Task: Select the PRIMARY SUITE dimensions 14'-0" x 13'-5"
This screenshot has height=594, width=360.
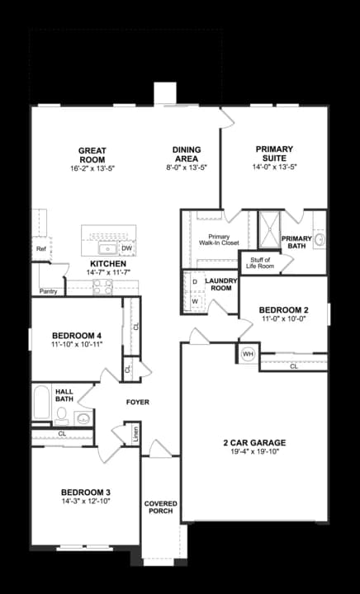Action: pyautogui.click(x=275, y=167)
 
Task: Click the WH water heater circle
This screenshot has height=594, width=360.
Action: pyautogui.click(x=248, y=354)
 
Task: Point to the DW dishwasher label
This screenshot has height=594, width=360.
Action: pyautogui.click(x=126, y=247)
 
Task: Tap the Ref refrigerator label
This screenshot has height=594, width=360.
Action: pyautogui.click(x=40, y=248)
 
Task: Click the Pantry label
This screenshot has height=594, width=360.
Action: pyautogui.click(x=48, y=290)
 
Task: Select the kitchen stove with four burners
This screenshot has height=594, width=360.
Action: pyautogui.click(x=103, y=287)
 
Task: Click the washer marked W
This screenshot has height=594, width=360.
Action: pyautogui.click(x=195, y=300)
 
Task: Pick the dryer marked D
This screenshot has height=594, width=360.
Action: pyautogui.click(x=195, y=282)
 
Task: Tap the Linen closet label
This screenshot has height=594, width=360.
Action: pyautogui.click(x=135, y=434)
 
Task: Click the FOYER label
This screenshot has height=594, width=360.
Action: pyautogui.click(x=137, y=402)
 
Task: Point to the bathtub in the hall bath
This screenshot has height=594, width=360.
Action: pyautogui.click(x=41, y=404)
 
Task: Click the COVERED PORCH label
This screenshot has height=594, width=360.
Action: pyautogui.click(x=160, y=507)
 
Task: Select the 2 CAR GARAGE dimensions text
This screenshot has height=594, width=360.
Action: pyautogui.click(x=254, y=451)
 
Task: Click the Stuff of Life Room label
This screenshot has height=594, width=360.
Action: pyautogui.click(x=261, y=263)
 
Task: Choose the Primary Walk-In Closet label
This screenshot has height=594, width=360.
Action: pyautogui.click(x=218, y=240)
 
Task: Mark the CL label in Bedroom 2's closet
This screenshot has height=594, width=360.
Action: pyautogui.click(x=294, y=366)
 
